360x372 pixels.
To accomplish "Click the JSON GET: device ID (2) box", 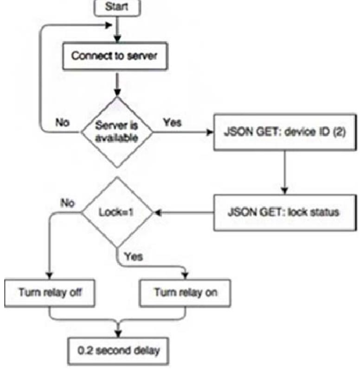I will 274,132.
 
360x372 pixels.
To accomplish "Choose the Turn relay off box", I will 50,293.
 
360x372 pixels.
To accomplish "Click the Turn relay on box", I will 186,293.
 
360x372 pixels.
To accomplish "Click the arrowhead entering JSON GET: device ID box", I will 209,132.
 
